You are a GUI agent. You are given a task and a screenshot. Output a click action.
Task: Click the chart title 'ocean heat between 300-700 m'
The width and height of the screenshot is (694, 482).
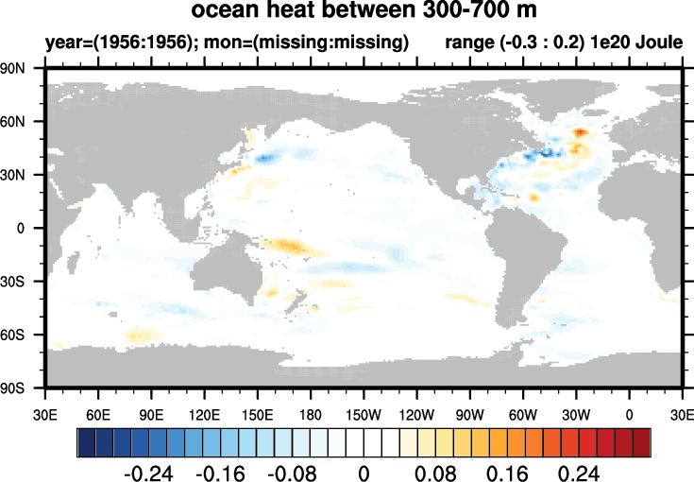point(364,9)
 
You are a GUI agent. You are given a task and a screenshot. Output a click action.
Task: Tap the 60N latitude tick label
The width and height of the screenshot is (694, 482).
point(12,121)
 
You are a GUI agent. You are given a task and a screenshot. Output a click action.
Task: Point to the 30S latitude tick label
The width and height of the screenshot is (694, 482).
point(12,282)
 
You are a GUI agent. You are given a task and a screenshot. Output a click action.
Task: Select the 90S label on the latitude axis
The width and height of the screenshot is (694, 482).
point(12,388)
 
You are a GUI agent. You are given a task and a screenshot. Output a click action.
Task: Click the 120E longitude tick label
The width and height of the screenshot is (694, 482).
point(204,415)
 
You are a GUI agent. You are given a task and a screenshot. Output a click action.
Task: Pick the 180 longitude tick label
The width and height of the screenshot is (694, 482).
point(311,415)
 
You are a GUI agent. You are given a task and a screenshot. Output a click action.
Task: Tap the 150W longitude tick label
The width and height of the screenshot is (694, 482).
point(364,415)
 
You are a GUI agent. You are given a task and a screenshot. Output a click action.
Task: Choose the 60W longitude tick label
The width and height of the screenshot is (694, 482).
point(523,415)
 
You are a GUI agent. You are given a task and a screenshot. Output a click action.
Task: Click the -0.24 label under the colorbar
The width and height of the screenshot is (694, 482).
point(148,473)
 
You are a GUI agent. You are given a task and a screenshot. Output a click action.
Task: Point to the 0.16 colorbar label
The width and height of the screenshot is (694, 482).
point(507,473)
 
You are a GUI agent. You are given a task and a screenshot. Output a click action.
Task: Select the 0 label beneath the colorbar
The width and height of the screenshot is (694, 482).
point(364,473)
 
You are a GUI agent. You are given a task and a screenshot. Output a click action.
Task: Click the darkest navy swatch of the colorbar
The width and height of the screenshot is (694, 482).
point(86,442)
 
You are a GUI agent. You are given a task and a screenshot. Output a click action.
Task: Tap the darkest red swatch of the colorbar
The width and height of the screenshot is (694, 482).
point(642,442)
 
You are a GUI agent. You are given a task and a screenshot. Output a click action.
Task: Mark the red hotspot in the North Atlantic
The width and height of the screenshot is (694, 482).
point(581,132)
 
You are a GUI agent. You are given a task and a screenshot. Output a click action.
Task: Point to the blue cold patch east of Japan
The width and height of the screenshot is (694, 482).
point(265,158)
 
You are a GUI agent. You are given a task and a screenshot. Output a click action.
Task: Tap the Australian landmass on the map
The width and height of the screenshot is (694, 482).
point(226,275)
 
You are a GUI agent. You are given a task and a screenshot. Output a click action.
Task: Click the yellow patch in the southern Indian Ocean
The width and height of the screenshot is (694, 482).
point(140,335)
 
